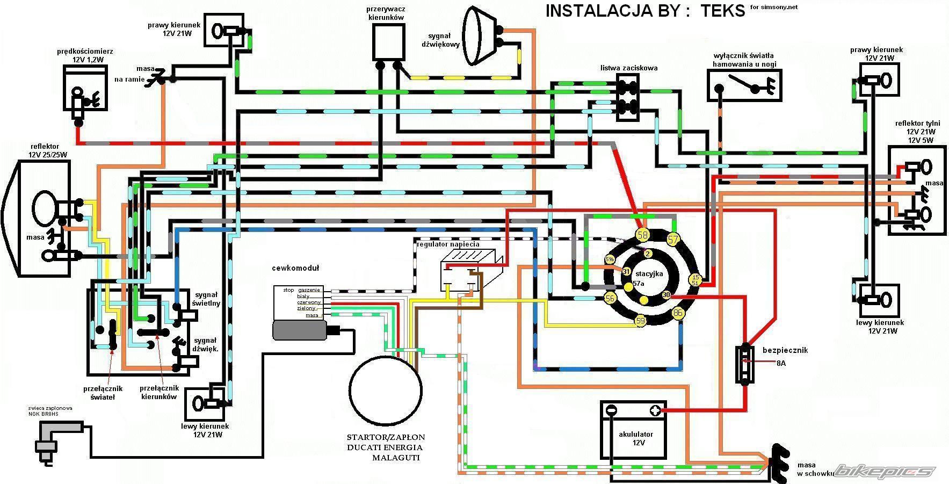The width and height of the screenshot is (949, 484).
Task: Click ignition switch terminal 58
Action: coord(642,235)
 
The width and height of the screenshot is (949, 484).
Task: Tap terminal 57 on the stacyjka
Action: coord(673,239)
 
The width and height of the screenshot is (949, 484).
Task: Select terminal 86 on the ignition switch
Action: coord(678,313)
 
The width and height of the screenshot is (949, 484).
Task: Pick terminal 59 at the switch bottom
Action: coord(640,321)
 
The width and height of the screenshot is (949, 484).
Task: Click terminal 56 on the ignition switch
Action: coord(610,298)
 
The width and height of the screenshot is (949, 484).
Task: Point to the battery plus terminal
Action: coord(655,411)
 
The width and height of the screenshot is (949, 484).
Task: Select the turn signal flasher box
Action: coord(389,42)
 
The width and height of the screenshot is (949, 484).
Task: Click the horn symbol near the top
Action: coord(480,35)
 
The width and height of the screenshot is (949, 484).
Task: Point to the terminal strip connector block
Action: coord(627,97)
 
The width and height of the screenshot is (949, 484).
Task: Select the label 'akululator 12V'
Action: coord(636,438)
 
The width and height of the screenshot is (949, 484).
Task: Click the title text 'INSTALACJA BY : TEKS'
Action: coord(645,11)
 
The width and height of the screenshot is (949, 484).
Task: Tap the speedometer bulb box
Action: coord(84,89)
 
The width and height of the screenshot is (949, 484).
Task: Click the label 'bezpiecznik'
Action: coord(785,350)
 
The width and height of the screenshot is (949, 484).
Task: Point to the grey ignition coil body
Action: coord(299,330)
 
